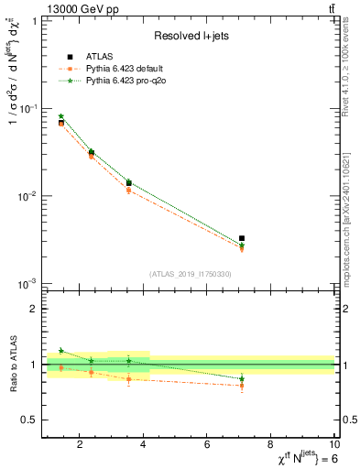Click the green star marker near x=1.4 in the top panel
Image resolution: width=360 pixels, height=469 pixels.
(x=61, y=116)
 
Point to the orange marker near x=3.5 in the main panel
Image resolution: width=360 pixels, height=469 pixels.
(x=129, y=190)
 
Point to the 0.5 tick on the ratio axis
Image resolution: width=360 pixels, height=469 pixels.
(x=29, y=420)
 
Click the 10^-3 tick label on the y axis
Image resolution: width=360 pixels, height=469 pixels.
(x=27, y=284)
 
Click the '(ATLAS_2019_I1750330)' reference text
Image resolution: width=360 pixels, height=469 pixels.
(x=191, y=273)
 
